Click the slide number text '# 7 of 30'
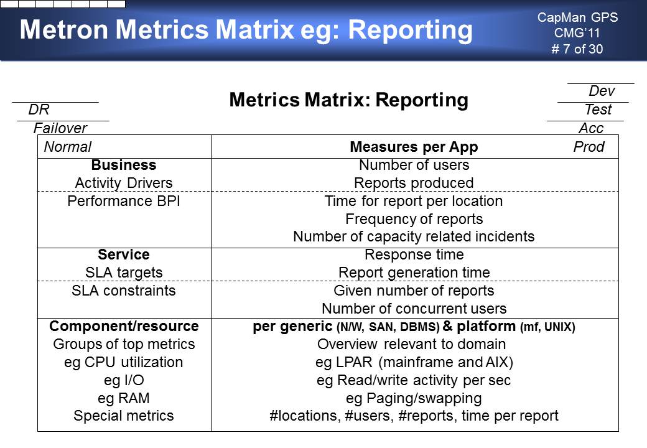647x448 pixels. (577, 49)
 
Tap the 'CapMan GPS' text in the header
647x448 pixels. (577, 17)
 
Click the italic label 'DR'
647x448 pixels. (39, 110)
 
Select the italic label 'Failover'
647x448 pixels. (60, 128)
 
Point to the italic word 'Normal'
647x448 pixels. (68, 147)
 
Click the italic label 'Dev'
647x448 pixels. (602, 91)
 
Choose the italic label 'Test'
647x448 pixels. (598, 110)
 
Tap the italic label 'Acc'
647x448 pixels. (591, 128)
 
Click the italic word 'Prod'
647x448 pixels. (589, 147)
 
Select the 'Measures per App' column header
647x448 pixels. (414, 147)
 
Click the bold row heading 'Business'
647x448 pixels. (124, 165)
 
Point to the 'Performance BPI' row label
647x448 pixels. (124, 201)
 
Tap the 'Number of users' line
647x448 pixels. (414, 165)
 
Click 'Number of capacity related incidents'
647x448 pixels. (414, 236)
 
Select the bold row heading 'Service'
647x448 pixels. (124, 254)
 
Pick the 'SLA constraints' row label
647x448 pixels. (124, 291)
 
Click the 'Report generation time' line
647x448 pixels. (414, 273)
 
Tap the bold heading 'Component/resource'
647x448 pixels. (124, 326)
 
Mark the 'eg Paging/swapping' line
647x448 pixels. (414, 398)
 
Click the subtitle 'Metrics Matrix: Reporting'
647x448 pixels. (348, 100)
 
